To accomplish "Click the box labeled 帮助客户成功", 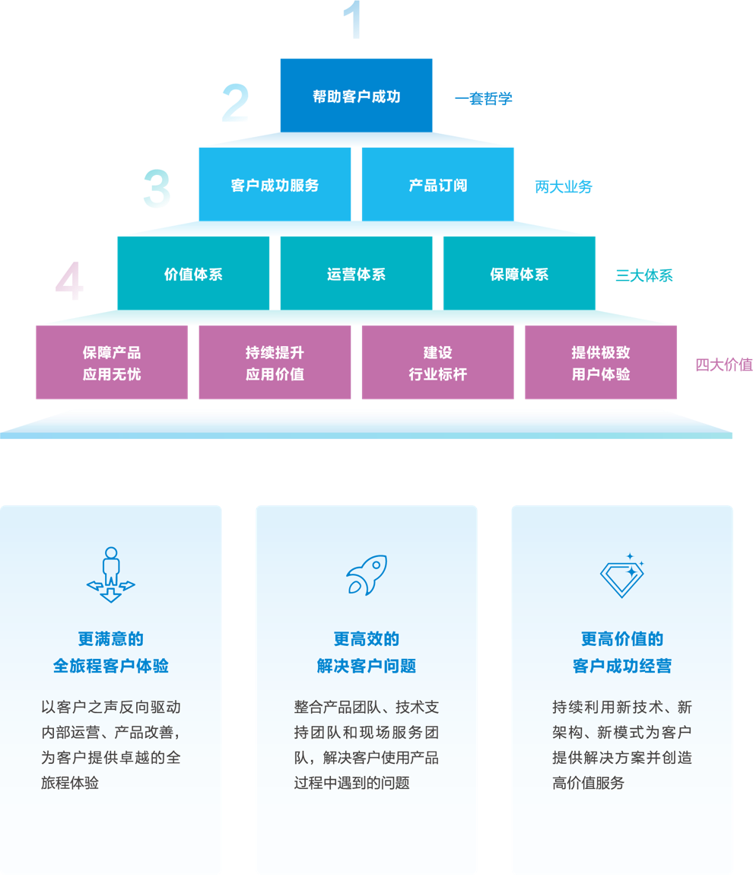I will (356, 97).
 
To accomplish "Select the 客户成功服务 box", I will (275, 186).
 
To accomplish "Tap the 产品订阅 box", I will (437, 186).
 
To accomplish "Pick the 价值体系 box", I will (193, 275).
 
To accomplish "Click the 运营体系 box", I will (356, 275).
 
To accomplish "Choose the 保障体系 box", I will (519, 275).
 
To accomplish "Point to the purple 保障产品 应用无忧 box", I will (112, 363).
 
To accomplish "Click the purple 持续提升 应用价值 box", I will (275, 363).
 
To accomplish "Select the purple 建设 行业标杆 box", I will (437, 363).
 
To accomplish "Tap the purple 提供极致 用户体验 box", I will (601, 363).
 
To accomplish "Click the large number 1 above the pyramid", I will (352, 21).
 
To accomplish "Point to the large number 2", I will (235, 104).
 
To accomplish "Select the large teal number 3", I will (157, 189).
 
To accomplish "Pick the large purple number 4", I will (70, 282).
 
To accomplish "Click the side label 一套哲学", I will (484, 99).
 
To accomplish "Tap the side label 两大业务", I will (564, 187).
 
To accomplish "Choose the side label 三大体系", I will (644, 275).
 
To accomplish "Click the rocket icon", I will (367, 575).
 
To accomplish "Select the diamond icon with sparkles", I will (622, 576).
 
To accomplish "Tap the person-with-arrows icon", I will (111, 575).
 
